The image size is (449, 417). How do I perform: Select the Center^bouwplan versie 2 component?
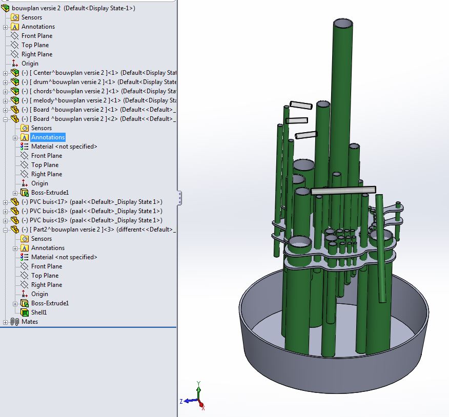(67, 73)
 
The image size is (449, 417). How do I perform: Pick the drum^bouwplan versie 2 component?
(67, 82)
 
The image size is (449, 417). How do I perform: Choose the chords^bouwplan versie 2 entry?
(67, 91)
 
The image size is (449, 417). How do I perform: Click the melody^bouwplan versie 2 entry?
(67, 100)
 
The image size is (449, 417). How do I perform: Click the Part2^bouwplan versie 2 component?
(67, 230)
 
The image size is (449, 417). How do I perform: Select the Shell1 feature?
(38, 312)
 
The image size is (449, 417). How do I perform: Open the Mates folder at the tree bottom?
(29, 322)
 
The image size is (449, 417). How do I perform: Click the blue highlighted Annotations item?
(48, 137)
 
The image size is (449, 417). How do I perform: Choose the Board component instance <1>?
(67, 110)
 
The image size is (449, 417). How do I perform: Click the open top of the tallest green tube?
(343, 25)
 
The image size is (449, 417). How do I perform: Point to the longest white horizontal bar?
(343, 190)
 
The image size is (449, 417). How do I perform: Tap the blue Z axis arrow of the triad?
(186, 401)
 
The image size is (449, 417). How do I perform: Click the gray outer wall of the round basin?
(333, 369)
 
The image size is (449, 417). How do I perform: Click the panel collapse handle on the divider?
(179, 198)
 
